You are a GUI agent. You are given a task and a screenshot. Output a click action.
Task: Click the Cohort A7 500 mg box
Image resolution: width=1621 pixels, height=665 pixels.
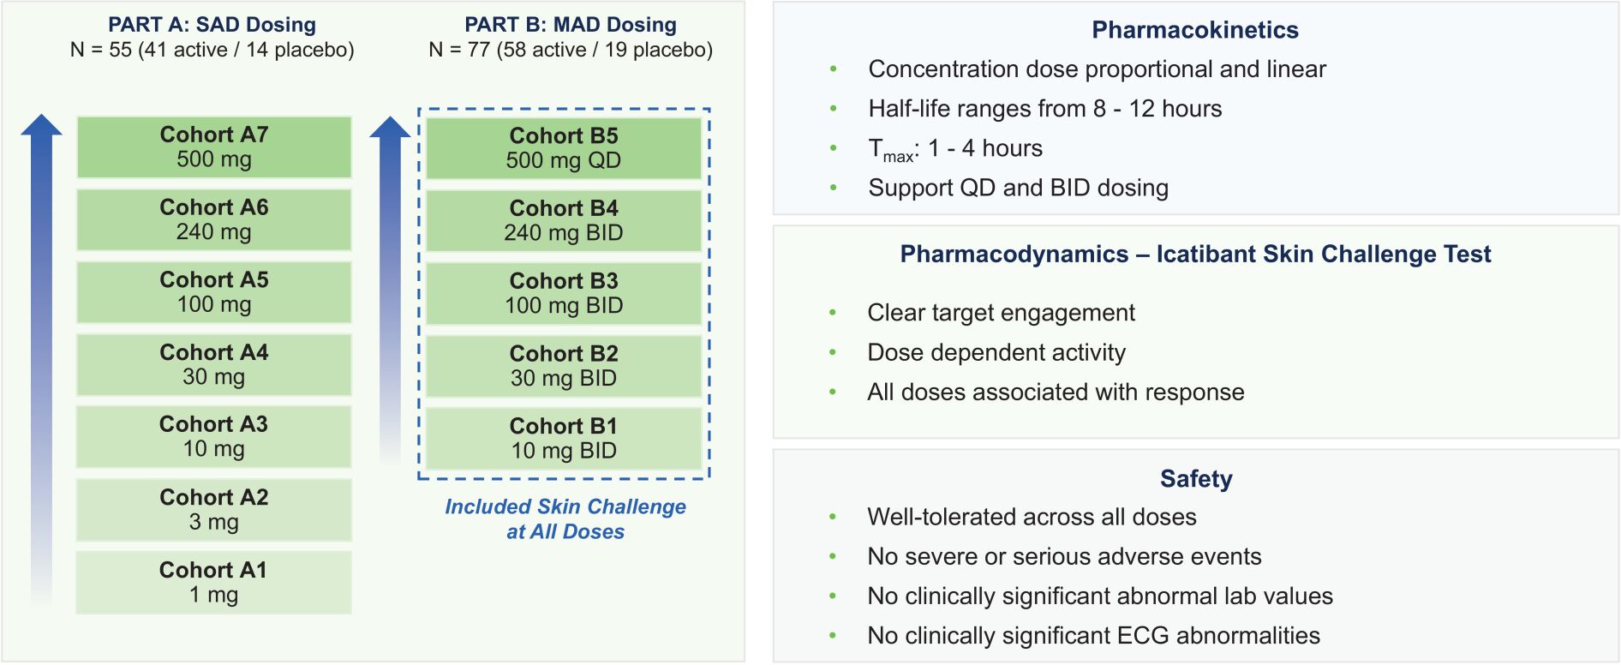click(214, 147)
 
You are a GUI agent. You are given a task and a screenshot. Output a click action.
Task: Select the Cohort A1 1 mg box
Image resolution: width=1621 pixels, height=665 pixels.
click(214, 583)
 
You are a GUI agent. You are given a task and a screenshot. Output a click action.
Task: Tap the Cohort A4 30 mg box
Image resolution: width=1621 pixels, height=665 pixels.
click(214, 365)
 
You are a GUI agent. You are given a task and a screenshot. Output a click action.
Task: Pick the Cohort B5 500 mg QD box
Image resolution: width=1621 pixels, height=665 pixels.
click(564, 148)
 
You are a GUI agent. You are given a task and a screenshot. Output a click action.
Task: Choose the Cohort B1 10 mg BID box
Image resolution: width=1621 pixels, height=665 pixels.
click(564, 439)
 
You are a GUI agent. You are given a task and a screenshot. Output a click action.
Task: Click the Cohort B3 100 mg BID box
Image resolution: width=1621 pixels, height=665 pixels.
click(564, 293)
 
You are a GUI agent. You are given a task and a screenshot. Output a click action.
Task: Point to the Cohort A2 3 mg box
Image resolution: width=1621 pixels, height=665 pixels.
click(214, 510)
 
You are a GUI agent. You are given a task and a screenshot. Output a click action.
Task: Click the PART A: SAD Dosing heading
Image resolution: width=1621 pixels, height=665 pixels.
click(212, 25)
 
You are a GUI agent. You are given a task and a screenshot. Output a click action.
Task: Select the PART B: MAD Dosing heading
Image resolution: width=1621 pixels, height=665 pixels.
click(571, 25)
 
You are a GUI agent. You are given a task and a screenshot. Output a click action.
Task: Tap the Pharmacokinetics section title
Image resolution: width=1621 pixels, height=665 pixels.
click(1195, 30)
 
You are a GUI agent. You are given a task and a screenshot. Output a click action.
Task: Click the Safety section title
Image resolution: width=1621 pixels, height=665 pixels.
click(1196, 478)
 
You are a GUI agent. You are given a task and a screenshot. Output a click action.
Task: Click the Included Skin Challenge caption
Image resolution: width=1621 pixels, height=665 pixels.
click(565, 519)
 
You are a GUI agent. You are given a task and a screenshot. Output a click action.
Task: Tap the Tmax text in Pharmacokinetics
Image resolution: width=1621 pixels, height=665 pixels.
click(891, 150)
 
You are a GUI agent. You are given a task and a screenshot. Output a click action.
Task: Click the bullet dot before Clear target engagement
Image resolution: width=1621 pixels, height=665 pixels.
click(833, 314)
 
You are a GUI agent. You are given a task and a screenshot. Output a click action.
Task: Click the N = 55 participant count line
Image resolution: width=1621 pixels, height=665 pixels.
click(212, 50)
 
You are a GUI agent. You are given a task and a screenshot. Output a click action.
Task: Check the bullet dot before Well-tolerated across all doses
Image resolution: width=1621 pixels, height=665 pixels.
click(833, 518)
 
